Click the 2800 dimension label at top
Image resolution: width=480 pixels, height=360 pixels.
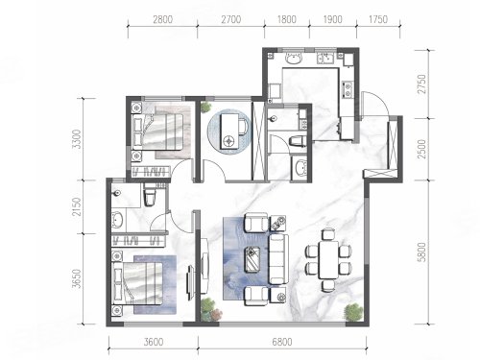tap(162, 19)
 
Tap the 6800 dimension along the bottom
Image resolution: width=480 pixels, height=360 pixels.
tap(282, 342)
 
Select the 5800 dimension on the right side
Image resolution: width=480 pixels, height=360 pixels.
tap(422, 252)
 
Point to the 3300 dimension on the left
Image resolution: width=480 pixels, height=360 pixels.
tap(77, 139)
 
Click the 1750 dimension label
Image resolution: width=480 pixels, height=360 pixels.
tap(378, 19)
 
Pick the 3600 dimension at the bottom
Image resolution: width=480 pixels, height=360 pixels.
tap(154, 342)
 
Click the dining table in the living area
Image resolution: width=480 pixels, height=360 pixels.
tap(328, 260)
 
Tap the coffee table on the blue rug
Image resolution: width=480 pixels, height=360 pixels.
tap(252, 259)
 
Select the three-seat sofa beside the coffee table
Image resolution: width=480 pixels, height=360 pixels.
tap(278, 259)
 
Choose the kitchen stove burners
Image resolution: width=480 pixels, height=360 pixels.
tap(348, 89)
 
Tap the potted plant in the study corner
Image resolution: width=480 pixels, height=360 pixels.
tap(206, 107)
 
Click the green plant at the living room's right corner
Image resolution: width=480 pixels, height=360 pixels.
tap(353, 312)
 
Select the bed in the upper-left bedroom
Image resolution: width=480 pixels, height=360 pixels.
tap(157, 132)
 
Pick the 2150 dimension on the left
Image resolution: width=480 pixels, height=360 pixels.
tap(77, 206)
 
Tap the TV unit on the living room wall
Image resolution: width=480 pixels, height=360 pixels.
tap(204, 266)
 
